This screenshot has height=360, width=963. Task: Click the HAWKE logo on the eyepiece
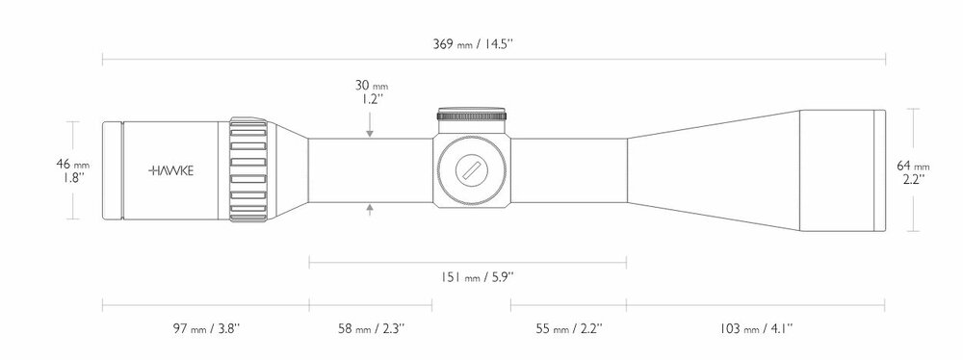[170, 170]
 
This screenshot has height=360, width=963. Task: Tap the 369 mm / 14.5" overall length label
[474, 44]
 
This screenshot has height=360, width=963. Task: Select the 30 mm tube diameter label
[371, 86]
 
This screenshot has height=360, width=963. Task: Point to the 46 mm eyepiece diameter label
[72, 164]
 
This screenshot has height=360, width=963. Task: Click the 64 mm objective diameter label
[913, 166]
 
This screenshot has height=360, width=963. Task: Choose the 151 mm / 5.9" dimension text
[477, 277]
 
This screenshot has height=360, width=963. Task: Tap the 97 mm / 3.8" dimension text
[206, 328]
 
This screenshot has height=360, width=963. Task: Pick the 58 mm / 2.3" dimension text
[371, 328]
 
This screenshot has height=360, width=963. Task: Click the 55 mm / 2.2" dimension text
[569, 328]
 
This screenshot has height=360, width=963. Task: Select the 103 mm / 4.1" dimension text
[756, 328]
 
